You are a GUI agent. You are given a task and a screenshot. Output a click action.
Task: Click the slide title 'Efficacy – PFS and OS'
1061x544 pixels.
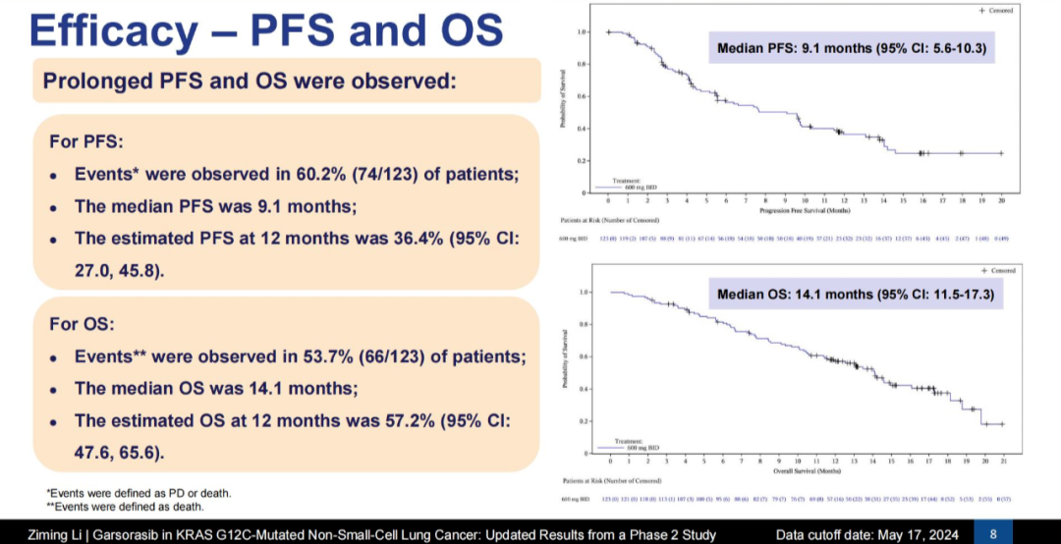click(266, 30)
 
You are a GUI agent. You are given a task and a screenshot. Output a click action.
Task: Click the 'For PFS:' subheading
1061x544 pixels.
click(85, 141)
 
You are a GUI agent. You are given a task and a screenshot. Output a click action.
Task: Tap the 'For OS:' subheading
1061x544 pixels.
click(83, 323)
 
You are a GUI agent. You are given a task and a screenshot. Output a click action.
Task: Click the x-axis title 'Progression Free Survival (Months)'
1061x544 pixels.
click(805, 210)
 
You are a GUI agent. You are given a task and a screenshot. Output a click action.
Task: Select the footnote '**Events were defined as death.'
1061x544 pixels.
click(126, 507)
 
